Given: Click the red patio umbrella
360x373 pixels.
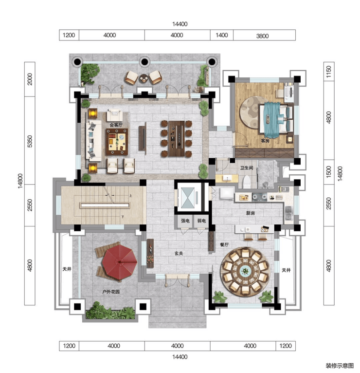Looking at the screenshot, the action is tap(120, 262).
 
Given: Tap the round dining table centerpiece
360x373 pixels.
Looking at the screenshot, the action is tap(245, 271).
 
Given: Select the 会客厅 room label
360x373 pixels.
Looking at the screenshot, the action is tap(116, 125).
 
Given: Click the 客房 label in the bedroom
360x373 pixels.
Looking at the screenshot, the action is tap(265, 141).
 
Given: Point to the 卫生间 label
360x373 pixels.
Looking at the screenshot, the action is tap(247, 168).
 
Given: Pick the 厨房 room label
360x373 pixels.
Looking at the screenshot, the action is tap(251, 213).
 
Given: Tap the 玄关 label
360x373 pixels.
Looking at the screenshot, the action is tap(179, 253).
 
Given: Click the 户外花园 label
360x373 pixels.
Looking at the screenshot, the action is tap(111, 292).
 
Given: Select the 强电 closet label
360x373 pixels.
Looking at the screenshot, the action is tap(185, 221).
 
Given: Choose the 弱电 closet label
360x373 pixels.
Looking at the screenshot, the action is tap(201, 221).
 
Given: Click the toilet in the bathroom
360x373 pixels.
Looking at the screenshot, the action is tap(247, 182).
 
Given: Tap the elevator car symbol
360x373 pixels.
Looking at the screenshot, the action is tap(188, 198).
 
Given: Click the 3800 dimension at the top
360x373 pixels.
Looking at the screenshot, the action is tap(262, 36).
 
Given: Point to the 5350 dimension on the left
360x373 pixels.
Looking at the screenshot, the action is tap(30, 141).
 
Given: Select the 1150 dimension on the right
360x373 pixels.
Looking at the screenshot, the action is tap(329, 72).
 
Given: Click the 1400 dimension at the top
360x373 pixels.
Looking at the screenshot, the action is tap(222, 35).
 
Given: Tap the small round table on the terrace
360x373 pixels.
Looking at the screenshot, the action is tap(144, 78).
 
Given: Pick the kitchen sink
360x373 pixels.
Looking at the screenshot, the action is tap(288, 213).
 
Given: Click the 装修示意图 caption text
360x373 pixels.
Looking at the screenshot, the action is tap(340, 366).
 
